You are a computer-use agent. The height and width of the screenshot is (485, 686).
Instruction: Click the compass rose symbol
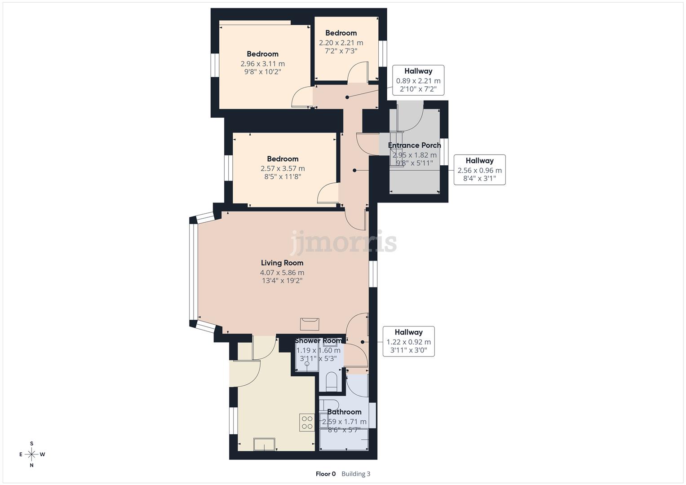pyautogui.click(x=31, y=454)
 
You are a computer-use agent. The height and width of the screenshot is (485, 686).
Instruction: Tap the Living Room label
pyautogui.click(x=282, y=263)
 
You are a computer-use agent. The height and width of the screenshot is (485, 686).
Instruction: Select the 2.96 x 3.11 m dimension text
pyautogui.click(x=262, y=64)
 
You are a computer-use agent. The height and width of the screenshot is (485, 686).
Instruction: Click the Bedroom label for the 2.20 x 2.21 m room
pyautogui.click(x=341, y=33)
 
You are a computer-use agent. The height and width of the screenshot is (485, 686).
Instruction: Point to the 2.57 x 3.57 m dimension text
pyautogui.click(x=283, y=168)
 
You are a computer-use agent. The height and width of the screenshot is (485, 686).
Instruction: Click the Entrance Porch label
pyautogui.click(x=414, y=145)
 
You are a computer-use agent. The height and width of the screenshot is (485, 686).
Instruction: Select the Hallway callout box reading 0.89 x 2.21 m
pyautogui.click(x=418, y=80)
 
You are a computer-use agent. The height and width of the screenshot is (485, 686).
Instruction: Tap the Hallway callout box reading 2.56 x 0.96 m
pyautogui.click(x=479, y=170)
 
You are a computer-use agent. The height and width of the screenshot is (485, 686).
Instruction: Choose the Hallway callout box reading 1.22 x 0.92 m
pyautogui.click(x=408, y=341)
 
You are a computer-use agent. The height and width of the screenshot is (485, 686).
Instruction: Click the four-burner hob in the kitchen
pyautogui.click(x=307, y=423)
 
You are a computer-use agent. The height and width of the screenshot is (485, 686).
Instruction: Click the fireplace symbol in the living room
pyautogui.click(x=310, y=323)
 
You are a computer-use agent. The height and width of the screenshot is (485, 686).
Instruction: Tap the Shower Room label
pyautogui.click(x=318, y=341)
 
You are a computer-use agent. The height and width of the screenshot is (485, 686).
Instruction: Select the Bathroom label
pyautogui.click(x=344, y=412)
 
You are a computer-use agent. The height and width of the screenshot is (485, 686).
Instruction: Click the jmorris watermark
pyautogui.click(x=344, y=242)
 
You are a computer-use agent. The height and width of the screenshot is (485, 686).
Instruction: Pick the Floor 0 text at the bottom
pyautogui.click(x=326, y=474)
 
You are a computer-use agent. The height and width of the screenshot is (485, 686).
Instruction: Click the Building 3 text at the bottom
pyautogui.click(x=356, y=474)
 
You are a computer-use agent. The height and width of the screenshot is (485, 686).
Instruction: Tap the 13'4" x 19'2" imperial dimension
pyautogui.click(x=282, y=281)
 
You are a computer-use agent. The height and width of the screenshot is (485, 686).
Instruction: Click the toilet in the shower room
pyautogui.click(x=332, y=380)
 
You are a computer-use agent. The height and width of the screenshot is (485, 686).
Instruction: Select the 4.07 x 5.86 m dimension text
pyautogui.click(x=282, y=273)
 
